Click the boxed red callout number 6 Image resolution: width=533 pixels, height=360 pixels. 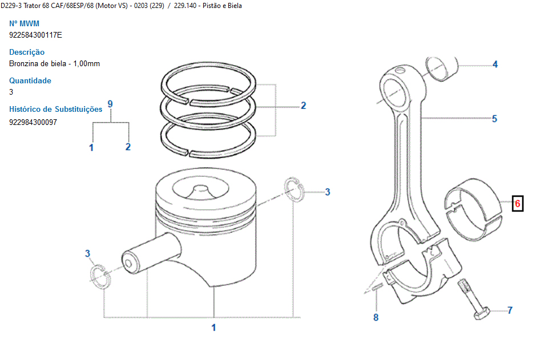518,203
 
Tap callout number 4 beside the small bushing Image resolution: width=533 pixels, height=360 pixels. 495,64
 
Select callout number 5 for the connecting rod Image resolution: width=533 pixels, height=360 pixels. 495,119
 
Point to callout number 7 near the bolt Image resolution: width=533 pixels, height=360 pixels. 510,310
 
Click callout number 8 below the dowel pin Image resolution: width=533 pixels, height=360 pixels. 375,317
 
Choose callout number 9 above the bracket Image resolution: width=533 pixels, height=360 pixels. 110,104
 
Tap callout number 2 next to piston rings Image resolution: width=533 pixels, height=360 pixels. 303,106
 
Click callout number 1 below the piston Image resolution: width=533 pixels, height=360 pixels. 213,327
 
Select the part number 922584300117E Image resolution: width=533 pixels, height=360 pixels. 36,35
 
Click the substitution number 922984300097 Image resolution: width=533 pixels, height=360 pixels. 33,122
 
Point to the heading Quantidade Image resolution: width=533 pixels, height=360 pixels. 30,80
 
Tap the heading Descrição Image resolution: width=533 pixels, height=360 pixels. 27,52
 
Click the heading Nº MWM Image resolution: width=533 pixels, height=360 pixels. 24,23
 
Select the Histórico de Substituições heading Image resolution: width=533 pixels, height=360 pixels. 56,109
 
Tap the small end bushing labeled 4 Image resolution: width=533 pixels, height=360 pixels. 442,69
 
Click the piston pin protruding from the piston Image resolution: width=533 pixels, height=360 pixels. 151,253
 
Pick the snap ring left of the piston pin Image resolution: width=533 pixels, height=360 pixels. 100,276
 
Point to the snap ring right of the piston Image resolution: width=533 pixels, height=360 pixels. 294,189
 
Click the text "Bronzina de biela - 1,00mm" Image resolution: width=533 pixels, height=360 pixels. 54,63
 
